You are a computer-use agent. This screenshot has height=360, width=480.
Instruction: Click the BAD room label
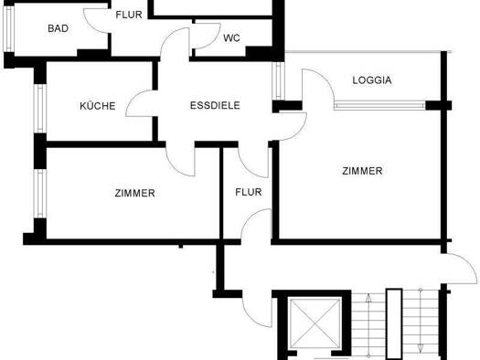[59, 28]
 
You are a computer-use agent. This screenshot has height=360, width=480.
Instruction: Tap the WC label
[232, 38]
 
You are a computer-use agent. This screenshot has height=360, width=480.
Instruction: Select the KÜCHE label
[98, 106]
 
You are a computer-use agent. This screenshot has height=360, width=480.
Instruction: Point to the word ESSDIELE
[215, 106]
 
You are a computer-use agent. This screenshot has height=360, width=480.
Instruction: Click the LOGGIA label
[372, 80]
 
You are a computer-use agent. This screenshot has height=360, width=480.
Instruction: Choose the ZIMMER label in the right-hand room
[362, 171]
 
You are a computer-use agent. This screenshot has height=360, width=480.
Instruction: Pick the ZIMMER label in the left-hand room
[134, 194]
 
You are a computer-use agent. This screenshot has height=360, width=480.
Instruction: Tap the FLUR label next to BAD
[127, 15]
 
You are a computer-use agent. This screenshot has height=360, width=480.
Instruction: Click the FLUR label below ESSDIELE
[249, 193]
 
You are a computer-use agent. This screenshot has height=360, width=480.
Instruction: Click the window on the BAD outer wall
[7, 31]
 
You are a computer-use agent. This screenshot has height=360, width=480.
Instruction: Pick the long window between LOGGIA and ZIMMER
[379, 105]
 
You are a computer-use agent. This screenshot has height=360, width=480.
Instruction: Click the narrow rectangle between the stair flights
[394, 324]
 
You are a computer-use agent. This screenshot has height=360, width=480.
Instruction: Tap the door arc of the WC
[202, 37]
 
